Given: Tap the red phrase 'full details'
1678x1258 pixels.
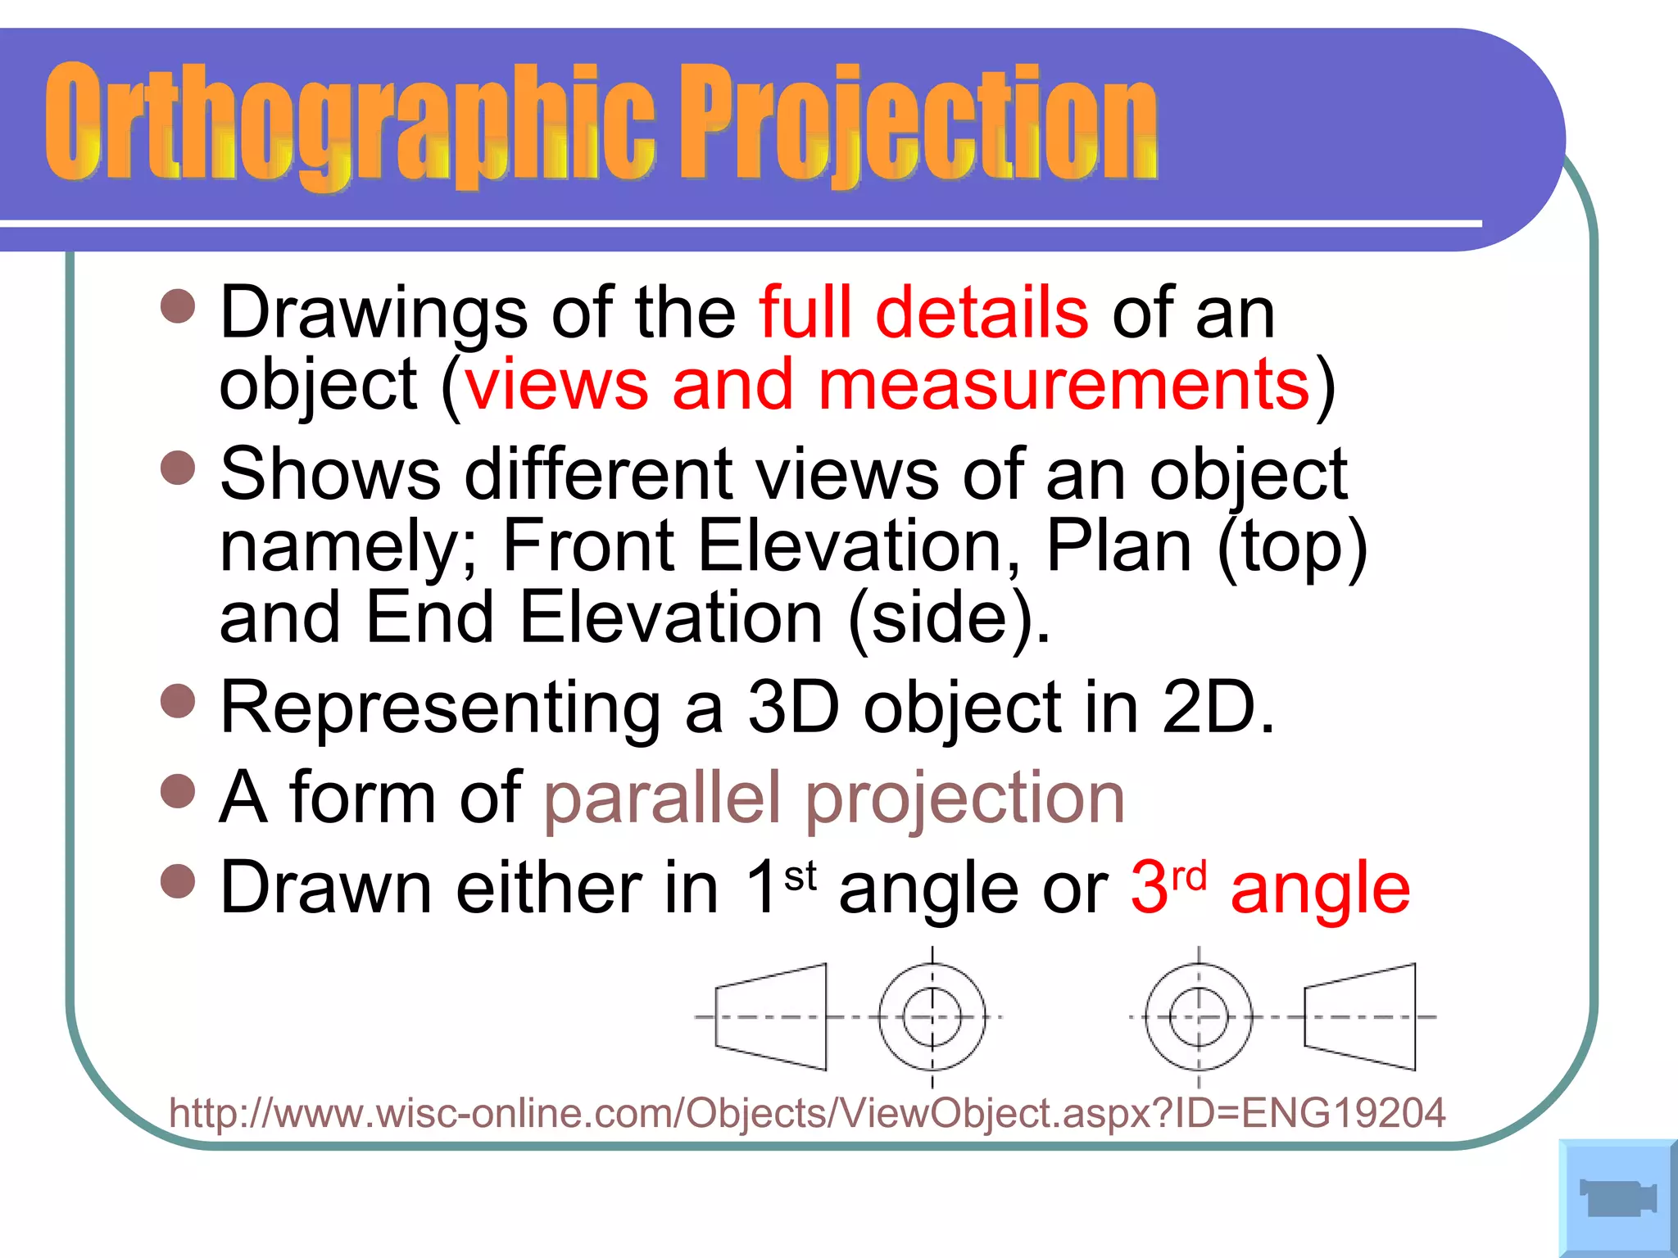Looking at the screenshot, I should point(923,313).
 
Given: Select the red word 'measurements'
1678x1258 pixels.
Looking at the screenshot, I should point(1063,385).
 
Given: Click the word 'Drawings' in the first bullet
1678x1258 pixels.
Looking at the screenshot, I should point(374,313).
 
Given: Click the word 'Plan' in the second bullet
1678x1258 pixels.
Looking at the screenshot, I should point(1118,546).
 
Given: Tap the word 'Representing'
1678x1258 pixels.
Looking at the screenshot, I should point(441,708).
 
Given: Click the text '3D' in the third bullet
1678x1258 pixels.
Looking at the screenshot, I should point(793,708).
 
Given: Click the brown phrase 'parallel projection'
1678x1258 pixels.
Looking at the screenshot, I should point(833,798).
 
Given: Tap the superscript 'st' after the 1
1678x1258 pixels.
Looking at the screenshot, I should point(800,876).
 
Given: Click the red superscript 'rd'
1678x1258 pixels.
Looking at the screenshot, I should point(1189,876).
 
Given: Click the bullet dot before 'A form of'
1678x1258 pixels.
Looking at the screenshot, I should point(178,791).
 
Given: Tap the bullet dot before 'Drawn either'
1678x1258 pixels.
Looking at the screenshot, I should point(178,881).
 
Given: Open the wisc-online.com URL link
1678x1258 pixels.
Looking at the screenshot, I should point(806,1113).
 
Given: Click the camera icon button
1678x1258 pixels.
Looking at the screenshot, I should point(1617,1198).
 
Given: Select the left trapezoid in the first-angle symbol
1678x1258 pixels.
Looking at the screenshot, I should point(771,1016).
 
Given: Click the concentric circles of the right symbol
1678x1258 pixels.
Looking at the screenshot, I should point(1199,1016).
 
